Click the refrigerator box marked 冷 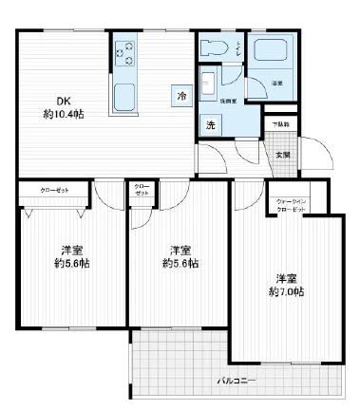[180, 96]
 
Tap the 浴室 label [277, 84]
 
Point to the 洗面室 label [229, 100]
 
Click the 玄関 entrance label [282, 154]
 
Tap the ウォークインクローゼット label [289, 204]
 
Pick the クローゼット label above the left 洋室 [53, 190]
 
